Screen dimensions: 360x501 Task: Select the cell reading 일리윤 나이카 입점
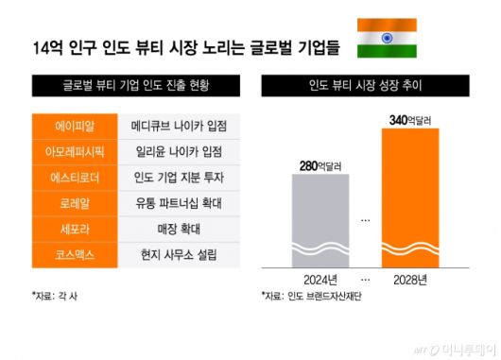point(179,151)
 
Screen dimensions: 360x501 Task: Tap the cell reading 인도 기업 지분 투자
point(179,177)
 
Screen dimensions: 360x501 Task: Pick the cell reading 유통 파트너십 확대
point(179,202)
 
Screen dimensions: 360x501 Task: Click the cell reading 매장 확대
point(179,228)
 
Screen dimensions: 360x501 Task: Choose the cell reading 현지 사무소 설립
point(179,253)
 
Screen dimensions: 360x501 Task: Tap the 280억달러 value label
point(326,166)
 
